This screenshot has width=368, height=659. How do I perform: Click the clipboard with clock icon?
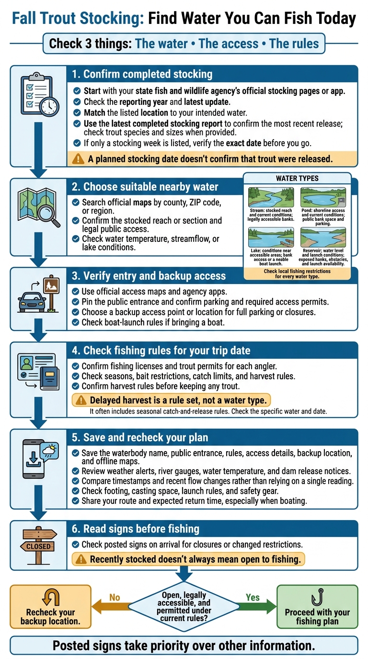(x=40, y=94)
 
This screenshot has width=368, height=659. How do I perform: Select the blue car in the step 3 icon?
(x=32, y=302)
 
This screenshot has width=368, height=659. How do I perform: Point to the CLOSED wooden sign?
(x=38, y=546)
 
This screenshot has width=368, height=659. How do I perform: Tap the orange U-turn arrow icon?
(x=51, y=598)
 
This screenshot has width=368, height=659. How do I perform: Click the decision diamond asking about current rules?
(x=184, y=606)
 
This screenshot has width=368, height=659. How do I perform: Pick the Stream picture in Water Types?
(x=271, y=197)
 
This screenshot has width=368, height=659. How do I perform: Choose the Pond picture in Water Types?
(x=323, y=197)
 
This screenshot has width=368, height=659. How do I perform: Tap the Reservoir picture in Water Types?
(x=323, y=237)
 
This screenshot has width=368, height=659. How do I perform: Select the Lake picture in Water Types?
(x=271, y=237)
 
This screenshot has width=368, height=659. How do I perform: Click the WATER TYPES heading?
(x=297, y=178)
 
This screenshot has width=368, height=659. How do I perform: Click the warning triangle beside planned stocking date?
(x=78, y=159)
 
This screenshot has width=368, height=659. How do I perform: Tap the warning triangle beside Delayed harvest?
(x=81, y=400)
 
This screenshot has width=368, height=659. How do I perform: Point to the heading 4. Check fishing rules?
(x=161, y=351)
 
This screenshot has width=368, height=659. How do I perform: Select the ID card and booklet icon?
(x=38, y=372)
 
